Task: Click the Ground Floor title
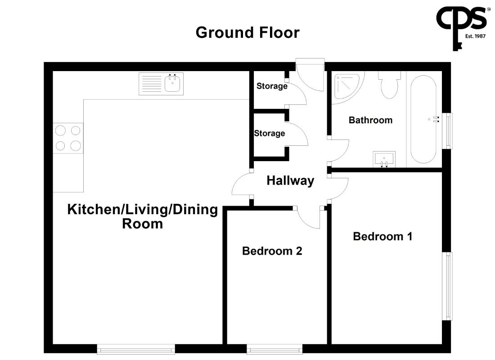[247, 32]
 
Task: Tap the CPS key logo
[461, 28]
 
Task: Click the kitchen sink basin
[172, 84]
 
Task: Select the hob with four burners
[68, 138]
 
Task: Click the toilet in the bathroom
[390, 85]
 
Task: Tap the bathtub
[423, 119]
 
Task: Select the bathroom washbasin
[384, 159]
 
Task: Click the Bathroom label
[371, 120]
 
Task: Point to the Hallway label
[290, 180]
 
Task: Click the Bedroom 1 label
[382, 236]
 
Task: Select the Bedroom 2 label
[272, 251]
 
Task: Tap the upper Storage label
[272, 86]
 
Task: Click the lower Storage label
[269, 133]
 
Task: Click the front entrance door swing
[310, 75]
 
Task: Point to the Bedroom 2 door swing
[308, 217]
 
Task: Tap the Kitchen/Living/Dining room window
[136, 349]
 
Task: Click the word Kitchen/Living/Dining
[142, 210]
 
